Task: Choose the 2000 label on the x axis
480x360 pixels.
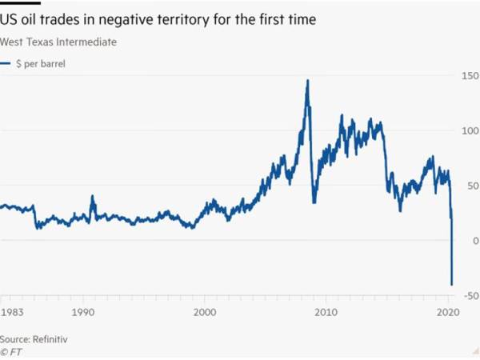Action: point(206,314)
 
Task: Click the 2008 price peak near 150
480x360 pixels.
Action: point(307,81)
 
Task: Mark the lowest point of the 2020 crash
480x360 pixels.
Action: point(452,284)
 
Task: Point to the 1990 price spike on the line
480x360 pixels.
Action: point(92,196)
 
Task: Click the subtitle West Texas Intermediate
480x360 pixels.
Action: point(58,42)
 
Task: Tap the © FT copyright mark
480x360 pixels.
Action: point(11,351)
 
